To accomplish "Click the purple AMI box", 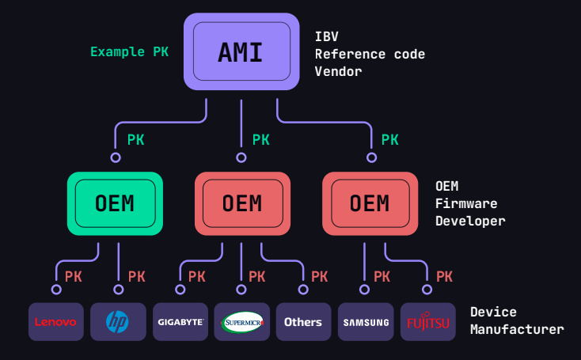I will pos(241,51).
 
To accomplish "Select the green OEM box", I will pos(115,203).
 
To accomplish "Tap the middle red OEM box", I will pos(241,203).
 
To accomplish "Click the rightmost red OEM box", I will pos(370,203).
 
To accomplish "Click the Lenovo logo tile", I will pos(56,322).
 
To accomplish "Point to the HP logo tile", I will pos(118,322).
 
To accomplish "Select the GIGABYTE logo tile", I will pos(180,322).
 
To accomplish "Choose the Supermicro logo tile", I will pos(242,322).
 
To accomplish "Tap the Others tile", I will pos(303,322).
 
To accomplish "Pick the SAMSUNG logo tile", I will pos(365,322).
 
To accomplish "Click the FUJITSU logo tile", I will pos(427,322).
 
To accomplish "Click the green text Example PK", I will pos(129,52).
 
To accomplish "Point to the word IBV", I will pos(328,36).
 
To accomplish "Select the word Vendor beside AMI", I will pos(338,71).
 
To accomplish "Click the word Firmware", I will pos(466,203).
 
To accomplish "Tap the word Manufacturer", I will pos(517,329).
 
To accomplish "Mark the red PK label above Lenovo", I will pos(74,277).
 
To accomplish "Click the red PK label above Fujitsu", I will pos(444,277).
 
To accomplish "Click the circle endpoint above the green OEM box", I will pos(116,157).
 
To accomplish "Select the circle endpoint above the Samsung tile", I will pos(365,289).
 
